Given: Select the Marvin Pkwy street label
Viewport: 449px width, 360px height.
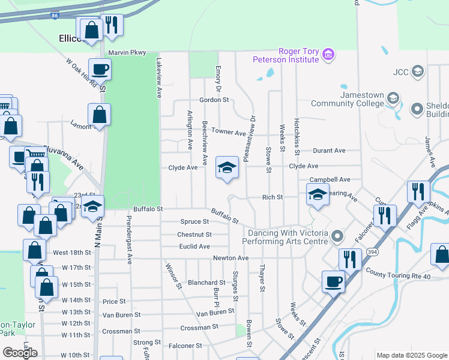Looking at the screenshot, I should pyautogui.click(x=127, y=53).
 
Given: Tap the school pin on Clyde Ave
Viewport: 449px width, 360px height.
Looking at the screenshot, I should pyautogui.click(x=228, y=168).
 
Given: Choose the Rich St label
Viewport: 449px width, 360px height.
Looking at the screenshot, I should pyautogui.click(x=273, y=197).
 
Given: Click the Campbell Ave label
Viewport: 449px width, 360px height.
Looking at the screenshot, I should pyautogui.click(x=330, y=179).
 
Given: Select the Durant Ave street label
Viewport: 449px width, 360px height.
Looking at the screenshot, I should pyautogui.click(x=330, y=150).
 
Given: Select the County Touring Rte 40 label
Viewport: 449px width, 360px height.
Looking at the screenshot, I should pyautogui.click(x=397, y=275).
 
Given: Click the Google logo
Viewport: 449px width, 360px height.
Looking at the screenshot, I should pyautogui.click(x=20, y=352).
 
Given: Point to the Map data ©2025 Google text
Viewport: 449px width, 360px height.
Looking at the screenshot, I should pyautogui.click(x=411, y=355).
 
